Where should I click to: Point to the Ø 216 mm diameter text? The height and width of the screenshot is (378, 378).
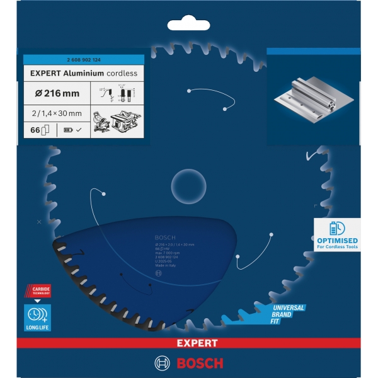(55, 93)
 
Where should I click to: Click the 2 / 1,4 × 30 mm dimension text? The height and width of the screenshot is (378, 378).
(55, 113)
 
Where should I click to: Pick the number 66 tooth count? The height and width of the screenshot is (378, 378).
(35, 130)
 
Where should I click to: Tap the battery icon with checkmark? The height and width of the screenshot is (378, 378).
(69, 130)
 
